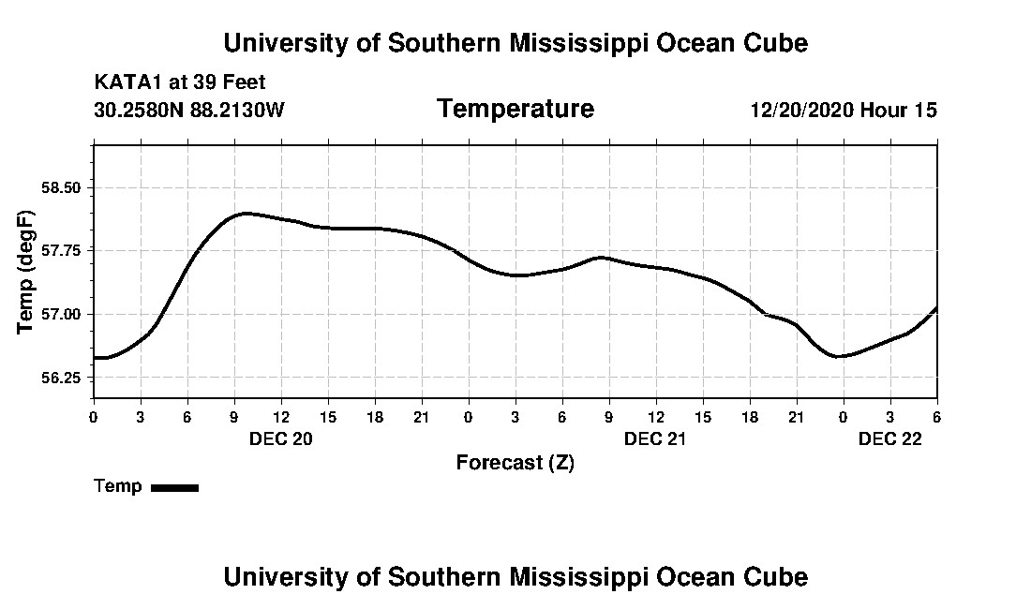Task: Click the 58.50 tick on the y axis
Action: tap(67, 187)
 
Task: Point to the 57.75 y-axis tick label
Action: tap(67, 250)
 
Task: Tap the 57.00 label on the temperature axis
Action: tap(67, 314)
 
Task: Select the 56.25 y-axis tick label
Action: tap(67, 378)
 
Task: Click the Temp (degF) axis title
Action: tap(27, 272)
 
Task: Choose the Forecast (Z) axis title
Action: tap(515, 463)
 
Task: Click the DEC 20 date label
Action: tap(280, 438)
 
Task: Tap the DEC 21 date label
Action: tap(655, 438)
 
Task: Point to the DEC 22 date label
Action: tap(890, 438)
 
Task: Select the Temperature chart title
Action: tap(515, 109)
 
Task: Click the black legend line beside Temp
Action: tap(174, 487)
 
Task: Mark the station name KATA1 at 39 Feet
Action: tap(180, 82)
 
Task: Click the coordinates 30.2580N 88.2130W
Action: tap(189, 111)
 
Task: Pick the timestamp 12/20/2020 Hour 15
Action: tap(844, 111)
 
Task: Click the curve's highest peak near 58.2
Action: tap(246, 214)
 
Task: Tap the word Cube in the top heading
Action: tap(777, 43)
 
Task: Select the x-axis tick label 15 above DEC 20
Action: tap(328, 417)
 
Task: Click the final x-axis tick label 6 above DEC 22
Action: tap(936, 417)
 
